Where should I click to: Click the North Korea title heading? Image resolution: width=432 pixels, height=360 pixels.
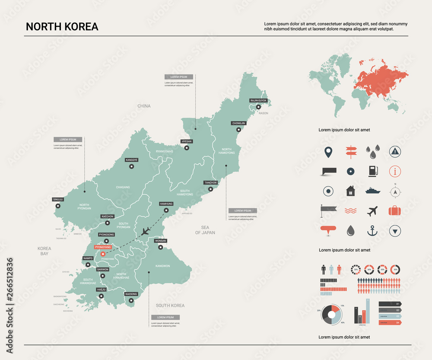[62, 26]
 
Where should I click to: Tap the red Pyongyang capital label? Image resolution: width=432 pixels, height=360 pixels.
[103, 247]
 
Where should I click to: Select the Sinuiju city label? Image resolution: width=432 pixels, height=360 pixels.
[58, 199]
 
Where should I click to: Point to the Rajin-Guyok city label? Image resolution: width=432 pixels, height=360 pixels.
[259, 100]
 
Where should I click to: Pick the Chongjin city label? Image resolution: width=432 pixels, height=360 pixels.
[238, 123]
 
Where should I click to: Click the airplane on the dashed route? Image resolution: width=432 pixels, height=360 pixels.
[145, 231]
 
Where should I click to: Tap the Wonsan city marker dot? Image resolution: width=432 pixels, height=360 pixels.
[160, 248]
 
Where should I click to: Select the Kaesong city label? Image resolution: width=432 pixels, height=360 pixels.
[131, 294]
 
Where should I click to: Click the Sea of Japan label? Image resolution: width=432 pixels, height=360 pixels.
[205, 230]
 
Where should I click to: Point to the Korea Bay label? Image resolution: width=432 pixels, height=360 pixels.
[44, 251]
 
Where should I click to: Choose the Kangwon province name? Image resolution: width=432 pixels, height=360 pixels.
[163, 266]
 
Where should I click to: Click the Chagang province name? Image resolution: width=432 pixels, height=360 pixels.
[123, 187]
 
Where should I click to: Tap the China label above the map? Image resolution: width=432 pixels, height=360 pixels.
[144, 106]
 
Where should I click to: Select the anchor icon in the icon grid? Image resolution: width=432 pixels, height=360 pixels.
[372, 231]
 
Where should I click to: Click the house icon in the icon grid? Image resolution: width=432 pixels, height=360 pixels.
[350, 191]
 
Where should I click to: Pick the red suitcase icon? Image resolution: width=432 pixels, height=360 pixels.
[395, 210]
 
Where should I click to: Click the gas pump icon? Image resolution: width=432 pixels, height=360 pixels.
[372, 171]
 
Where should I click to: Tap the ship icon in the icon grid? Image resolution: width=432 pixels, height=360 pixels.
[372, 191]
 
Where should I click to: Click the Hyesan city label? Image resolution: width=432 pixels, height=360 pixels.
[186, 141]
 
